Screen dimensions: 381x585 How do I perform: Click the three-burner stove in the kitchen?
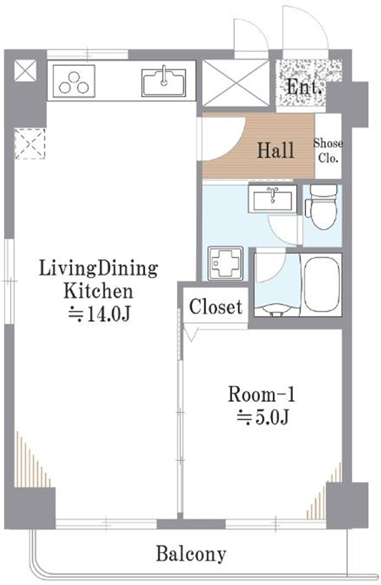(x=74, y=81)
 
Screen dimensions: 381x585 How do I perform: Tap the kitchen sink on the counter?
(x=164, y=82)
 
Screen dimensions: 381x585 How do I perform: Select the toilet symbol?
(x=321, y=207)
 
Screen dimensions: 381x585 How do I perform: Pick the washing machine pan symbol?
(x=225, y=263)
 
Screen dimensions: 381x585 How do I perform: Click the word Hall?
(x=276, y=150)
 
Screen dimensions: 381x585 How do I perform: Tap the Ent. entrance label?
(x=304, y=88)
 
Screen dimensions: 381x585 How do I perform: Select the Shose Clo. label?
(x=328, y=151)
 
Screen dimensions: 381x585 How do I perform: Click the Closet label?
(x=216, y=307)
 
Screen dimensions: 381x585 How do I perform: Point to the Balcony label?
(x=191, y=554)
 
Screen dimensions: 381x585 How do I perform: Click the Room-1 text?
(x=261, y=395)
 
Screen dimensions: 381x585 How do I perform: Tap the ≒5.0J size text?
(x=263, y=417)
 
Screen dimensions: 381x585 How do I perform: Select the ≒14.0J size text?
(x=99, y=314)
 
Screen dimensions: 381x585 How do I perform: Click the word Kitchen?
(x=98, y=291)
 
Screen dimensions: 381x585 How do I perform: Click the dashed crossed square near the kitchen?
(x=30, y=143)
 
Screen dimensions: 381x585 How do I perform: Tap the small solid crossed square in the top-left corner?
(x=25, y=70)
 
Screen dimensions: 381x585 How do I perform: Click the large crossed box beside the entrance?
(x=235, y=83)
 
